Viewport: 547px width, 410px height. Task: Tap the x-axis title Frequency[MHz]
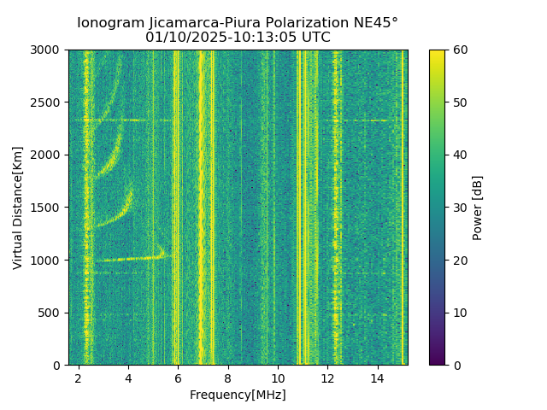coord(238,395)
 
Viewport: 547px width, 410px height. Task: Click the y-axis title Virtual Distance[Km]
coord(18,208)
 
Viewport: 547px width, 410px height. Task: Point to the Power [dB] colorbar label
coord(478,208)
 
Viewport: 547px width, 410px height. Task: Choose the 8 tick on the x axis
coord(228,378)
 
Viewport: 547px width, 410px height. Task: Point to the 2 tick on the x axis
coord(79,378)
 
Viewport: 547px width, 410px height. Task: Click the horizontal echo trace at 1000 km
coord(128,258)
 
